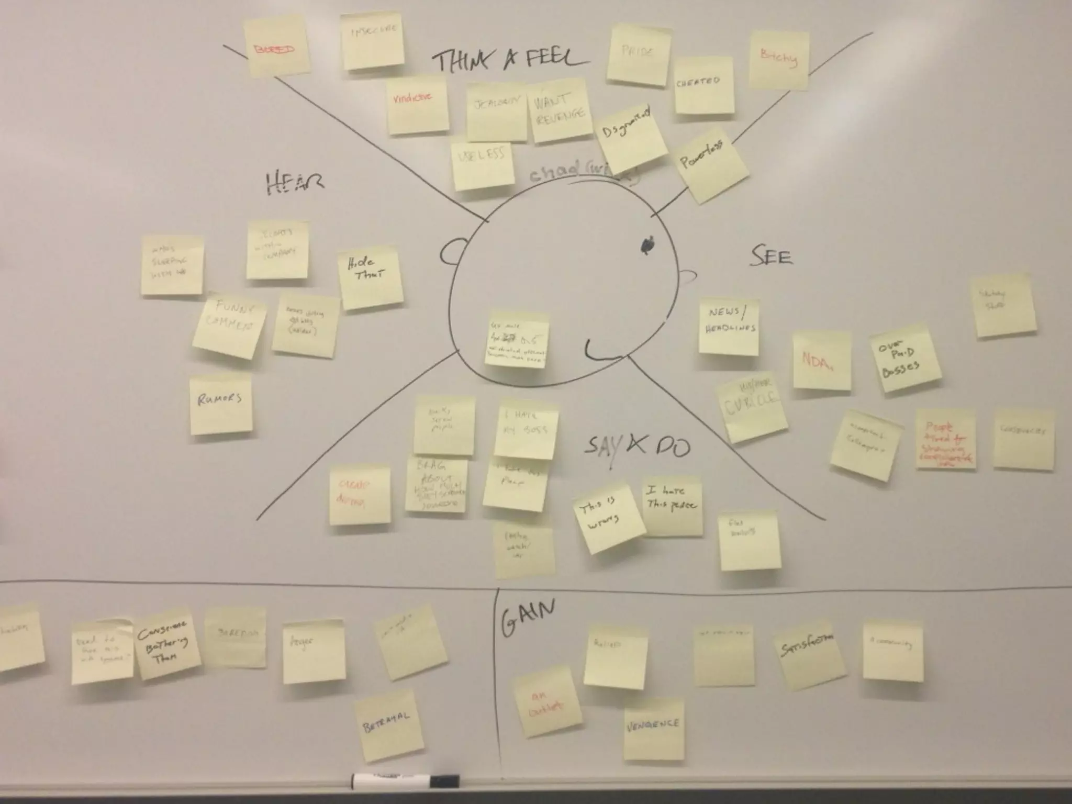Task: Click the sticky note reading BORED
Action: (x=276, y=47)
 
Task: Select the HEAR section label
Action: (x=295, y=183)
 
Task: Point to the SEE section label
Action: (x=772, y=256)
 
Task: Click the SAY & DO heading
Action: (x=636, y=446)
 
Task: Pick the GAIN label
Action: (x=528, y=618)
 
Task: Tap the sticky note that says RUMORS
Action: (x=220, y=404)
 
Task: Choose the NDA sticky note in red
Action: (x=821, y=361)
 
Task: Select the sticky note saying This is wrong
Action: (x=611, y=518)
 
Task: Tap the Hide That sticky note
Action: (x=371, y=277)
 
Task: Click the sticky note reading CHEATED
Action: (x=703, y=85)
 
